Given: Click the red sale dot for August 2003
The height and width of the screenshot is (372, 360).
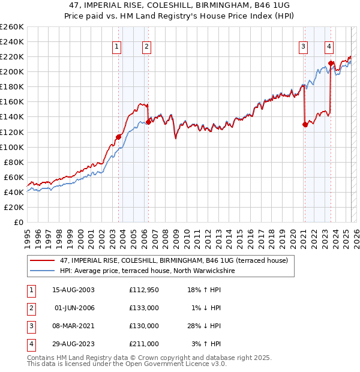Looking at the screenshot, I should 118,137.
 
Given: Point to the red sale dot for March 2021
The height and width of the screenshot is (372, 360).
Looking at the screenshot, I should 304,124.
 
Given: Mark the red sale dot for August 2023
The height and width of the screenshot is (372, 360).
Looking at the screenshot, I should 331,63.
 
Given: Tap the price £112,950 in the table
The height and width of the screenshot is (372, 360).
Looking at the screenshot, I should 143,290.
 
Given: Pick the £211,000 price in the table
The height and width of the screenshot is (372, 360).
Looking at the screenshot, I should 143,344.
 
